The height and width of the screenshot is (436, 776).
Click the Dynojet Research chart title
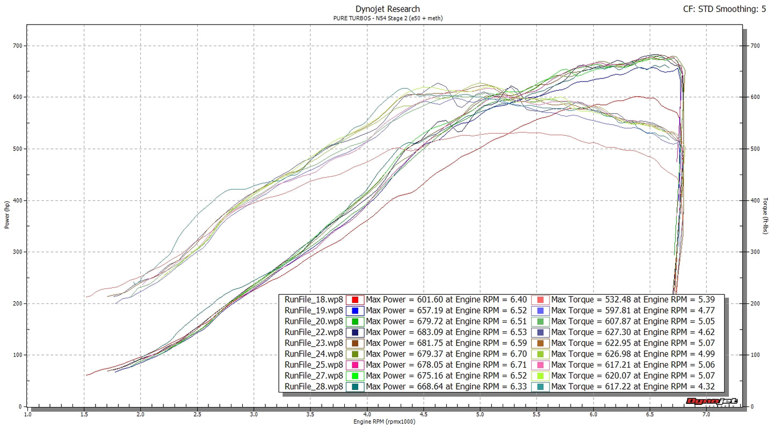point(388,9)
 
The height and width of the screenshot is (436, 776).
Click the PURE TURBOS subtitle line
point(388,18)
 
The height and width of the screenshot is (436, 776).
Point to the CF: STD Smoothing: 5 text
point(728,9)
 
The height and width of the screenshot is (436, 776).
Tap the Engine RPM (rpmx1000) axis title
point(384,422)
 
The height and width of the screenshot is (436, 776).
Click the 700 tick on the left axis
point(17,46)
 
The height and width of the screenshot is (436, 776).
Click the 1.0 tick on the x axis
point(27,414)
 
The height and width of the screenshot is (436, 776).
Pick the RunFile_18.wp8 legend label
point(314,300)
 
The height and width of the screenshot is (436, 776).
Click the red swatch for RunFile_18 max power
point(355,300)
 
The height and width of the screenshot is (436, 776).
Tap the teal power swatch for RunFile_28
point(355,387)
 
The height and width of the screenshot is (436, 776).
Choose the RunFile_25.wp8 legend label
point(314,365)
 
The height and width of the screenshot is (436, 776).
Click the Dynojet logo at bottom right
point(712,402)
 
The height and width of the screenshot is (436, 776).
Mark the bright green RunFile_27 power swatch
point(355,376)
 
